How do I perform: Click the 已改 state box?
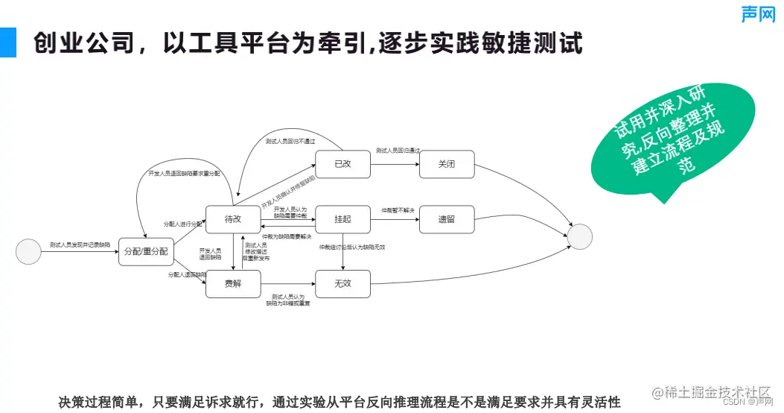click(x=342, y=164)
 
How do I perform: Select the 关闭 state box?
click(x=447, y=164)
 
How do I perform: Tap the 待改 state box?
click(x=233, y=219)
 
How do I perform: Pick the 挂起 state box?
click(x=342, y=219)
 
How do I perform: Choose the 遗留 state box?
click(x=447, y=219)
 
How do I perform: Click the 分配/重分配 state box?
click(x=146, y=251)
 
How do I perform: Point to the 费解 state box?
click(x=233, y=284)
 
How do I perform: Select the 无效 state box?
click(x=342, y=284)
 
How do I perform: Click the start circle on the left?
click(x=28, y=250)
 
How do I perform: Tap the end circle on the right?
click(x=579, y=236)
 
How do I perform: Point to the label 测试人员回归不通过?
click(x=290, y=141)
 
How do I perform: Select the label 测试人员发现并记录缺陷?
click(x=80, y=245)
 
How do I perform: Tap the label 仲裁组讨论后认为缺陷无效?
click(x=352, y=247)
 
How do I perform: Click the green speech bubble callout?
click(x=667, y=148)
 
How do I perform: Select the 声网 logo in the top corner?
click(x=758, y=13)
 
